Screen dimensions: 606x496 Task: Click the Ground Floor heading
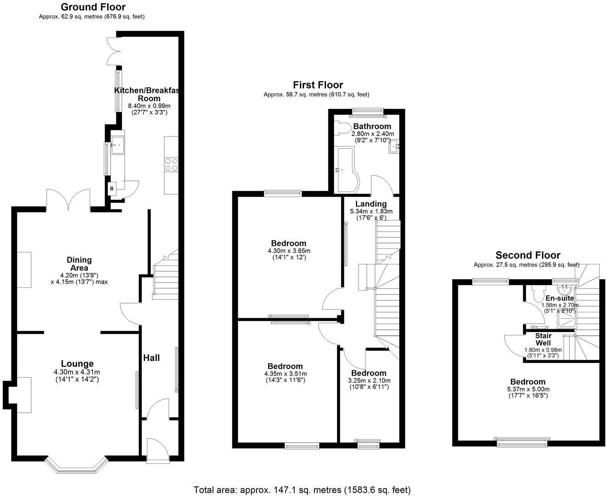tap(93, 7)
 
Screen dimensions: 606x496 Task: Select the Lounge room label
tap(77, 364)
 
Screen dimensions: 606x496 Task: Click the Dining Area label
tap(79, 264)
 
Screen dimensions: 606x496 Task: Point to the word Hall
tap(151, 358)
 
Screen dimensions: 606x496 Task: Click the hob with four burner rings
tap(171, 165)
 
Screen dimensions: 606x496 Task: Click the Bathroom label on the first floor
tap(372, 126)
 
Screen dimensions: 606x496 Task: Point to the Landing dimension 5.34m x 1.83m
tap(371, 211)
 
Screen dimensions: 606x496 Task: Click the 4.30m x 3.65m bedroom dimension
tap(289, 251)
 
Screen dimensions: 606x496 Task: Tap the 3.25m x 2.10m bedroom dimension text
tap(369, 380)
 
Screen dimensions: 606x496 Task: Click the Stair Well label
tap(543, 339)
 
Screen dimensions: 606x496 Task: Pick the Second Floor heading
tap(528, 255)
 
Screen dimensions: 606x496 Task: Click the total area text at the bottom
tap(302, 490)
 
